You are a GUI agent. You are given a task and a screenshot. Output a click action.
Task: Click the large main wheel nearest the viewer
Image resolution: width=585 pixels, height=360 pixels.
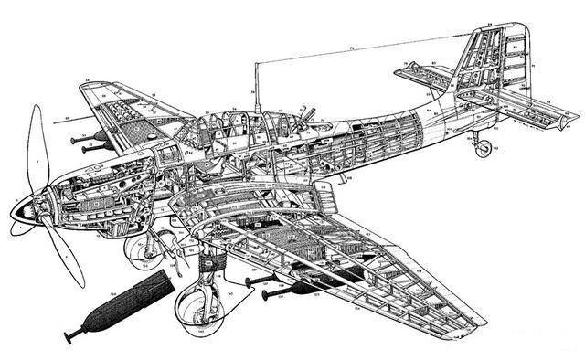coord(196,305)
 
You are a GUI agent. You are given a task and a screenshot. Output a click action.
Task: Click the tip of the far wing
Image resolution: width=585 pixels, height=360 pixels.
coord(92,86)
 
